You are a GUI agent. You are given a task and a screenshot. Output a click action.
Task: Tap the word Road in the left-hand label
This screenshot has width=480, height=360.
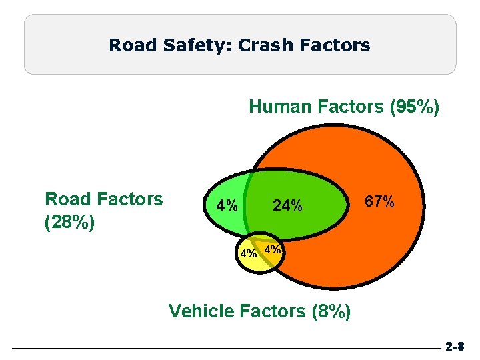pos(68,199)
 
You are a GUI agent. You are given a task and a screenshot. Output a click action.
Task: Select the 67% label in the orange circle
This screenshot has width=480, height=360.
pos(380,201)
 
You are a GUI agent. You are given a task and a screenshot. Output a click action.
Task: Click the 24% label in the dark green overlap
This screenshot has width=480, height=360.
pos(288,207)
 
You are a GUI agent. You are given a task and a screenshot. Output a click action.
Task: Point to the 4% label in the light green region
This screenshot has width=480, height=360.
pos(223,205)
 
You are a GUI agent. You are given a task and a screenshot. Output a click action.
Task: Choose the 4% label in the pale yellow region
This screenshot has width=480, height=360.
pos(249,253)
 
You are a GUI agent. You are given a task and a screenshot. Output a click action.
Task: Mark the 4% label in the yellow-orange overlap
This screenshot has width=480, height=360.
pos(273,250)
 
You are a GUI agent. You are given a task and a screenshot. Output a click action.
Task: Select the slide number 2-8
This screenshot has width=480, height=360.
pos(455,347)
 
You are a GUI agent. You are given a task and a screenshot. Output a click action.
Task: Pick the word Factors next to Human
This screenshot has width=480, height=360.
pos(344,107)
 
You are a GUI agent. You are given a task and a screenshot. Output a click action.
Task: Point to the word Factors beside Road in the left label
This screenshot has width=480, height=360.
pos(130,199)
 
